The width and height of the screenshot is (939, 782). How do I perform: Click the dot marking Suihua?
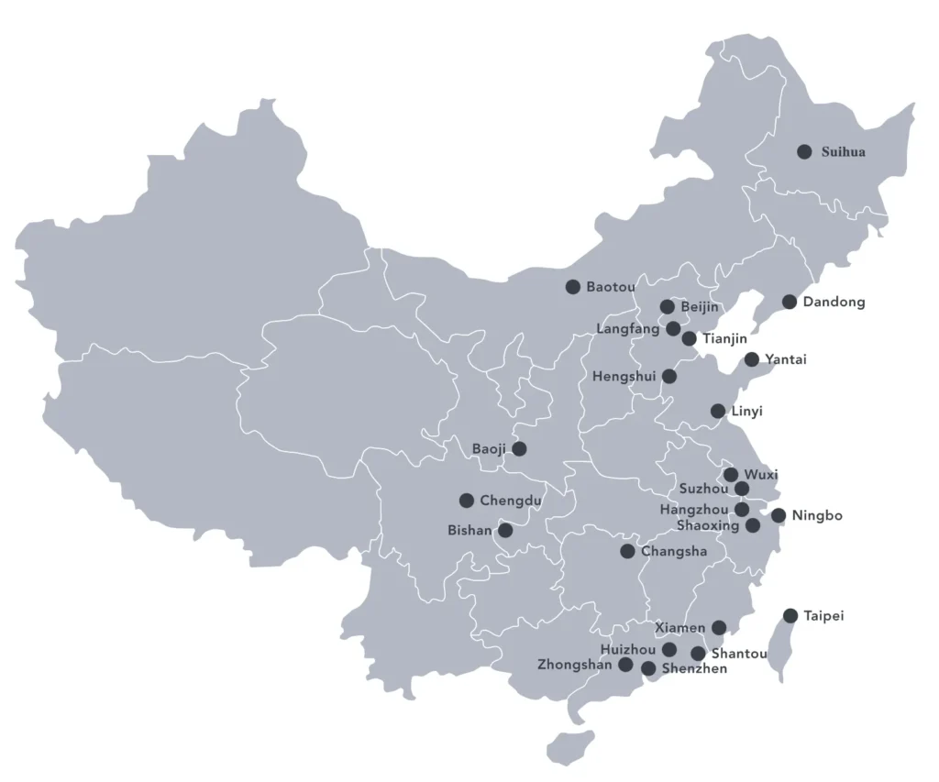804,151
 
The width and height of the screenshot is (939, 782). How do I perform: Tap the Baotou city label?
611,287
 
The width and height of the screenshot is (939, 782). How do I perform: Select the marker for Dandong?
790,302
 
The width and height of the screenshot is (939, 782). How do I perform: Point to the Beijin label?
700,307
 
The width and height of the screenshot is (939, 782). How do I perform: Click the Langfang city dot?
673,328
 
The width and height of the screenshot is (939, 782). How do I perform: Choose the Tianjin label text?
724,339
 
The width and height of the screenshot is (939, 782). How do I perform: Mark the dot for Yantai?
752,359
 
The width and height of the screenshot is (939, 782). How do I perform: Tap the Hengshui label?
624,376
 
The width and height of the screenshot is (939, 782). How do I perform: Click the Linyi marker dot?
718,411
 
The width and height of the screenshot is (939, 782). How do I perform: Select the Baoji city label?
489,449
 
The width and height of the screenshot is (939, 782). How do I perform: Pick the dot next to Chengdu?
467,501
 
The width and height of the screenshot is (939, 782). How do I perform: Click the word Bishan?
469,531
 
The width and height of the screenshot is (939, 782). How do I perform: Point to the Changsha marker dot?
627,551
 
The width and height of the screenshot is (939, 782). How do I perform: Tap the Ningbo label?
817,516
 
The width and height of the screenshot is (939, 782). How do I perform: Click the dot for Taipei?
790,615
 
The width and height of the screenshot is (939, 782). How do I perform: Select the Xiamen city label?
680,628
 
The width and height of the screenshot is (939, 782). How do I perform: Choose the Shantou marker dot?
699,654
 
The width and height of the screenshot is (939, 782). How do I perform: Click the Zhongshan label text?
575,665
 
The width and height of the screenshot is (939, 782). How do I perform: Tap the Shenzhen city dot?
648,668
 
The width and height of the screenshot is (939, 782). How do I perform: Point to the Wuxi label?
761,475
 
